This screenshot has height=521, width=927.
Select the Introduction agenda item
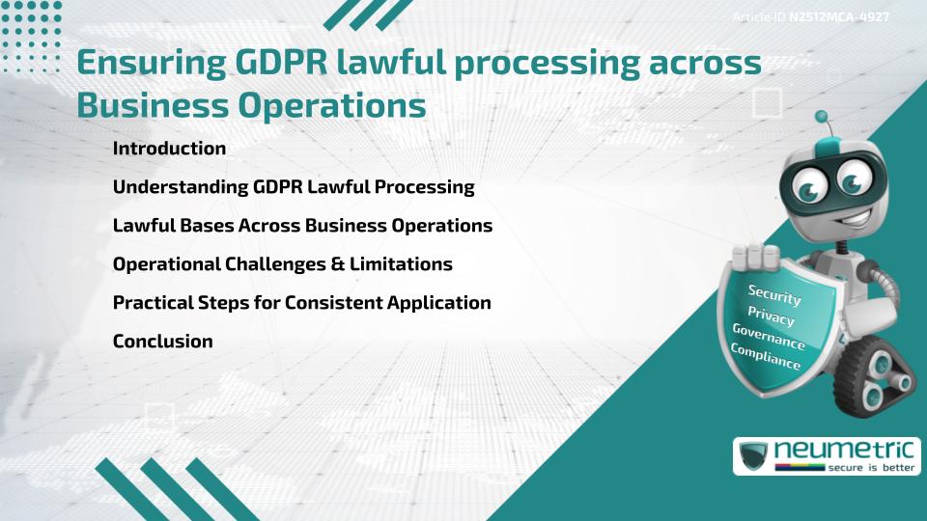169,149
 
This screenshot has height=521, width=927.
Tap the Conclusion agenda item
162,341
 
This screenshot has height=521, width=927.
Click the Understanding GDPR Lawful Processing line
294,187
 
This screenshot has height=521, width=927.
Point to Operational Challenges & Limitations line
282,263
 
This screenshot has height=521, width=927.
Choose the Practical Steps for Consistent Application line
301,302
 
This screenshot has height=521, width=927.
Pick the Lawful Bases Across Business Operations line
302,226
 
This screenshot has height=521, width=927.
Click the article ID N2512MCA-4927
838,17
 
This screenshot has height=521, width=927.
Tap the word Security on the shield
773,294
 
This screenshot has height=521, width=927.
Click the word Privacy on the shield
771,317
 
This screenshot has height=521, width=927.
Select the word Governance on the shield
768,338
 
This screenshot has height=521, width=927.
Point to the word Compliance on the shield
766,357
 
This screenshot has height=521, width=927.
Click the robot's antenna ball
822,117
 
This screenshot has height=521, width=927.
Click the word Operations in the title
329,105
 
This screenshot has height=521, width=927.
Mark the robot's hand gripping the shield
756,257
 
